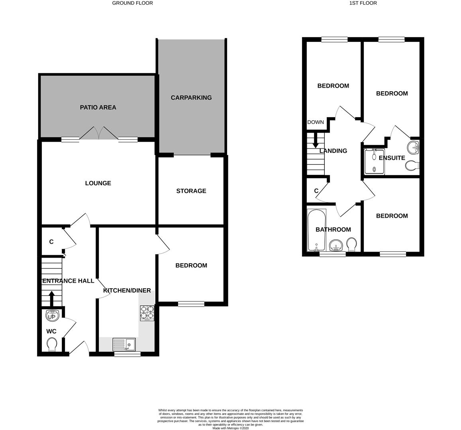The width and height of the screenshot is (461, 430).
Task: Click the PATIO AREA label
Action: click(x=98, y=107)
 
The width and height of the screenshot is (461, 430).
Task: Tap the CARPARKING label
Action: click(x=191, y=98)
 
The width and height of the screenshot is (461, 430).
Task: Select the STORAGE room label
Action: click(x=191, y=191)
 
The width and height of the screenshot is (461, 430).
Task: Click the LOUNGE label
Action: click(x=98, y=183)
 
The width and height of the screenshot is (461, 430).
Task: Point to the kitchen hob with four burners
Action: click(x=147, y=313)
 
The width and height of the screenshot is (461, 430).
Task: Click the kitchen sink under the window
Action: click(x=124, y=344)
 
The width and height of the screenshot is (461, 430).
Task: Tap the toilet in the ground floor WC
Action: click(x=52, y=344)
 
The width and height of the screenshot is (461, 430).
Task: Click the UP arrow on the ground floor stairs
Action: click(x=51, y=299)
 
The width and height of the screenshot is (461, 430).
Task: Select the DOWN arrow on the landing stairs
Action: click(x=315, y=140)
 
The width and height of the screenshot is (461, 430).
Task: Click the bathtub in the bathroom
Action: click(x=317, y=230)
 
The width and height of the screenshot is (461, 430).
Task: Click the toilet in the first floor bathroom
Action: click(x=352, y=244)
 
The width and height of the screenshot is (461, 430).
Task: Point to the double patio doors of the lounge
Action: click(x=99, y=133)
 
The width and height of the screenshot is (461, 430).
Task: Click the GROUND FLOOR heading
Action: click(x=132, y=3)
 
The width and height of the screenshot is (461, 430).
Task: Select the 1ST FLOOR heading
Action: click(x=363, y=3)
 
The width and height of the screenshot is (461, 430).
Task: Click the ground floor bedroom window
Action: click(x=191, y=304)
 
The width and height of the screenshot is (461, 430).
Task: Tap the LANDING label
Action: click(x=333, y=151)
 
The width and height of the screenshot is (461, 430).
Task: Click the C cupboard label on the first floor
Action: click(x=316, y=191)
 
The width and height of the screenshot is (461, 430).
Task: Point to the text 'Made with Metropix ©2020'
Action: click(x=231, y=428)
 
